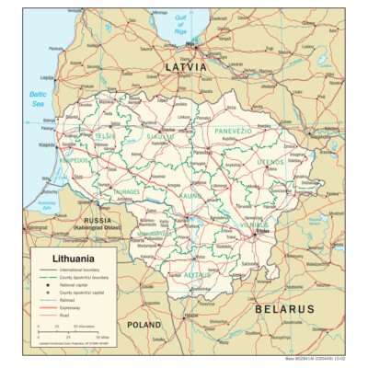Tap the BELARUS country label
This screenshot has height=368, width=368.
(291, 309)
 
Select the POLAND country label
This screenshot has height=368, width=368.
(145, 325)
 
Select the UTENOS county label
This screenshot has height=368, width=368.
(270, 162)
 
